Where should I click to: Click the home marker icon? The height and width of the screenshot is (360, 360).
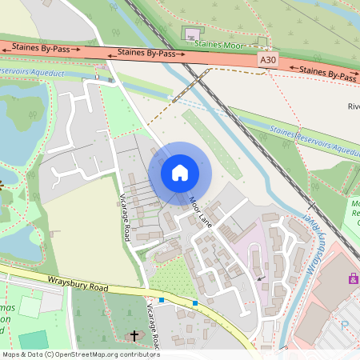click(x=180, y=173)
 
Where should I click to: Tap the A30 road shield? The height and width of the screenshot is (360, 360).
click(x=267, y=60)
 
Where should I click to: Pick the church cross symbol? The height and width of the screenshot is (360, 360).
click(x=134, y=335)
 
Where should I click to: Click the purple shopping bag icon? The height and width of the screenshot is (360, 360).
click(x=352, y=278)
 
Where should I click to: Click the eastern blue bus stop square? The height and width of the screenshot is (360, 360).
click(x=195, y=302)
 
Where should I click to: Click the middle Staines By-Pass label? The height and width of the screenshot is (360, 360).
click(x=146, y=53)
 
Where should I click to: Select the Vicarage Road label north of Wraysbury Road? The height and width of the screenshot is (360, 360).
click(x=126, y=217)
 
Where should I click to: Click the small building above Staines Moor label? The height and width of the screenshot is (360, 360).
click(x=191, y=34)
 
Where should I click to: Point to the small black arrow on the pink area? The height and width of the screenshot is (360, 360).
click(x=260, y=278)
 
